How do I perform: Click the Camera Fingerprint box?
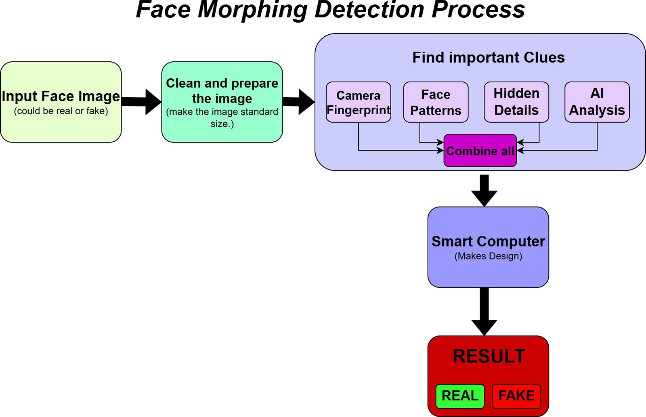[359, 102]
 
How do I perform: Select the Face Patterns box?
[436, 102]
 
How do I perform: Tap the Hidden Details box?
[516, 102]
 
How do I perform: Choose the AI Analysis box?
[597, 102]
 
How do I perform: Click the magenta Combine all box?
[480, 151]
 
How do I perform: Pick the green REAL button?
[460, 396]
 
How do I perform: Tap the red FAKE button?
[516, 396]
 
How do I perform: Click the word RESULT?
[489, 356]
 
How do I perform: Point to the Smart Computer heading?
[488, 241]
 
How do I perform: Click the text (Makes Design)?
[488, 256]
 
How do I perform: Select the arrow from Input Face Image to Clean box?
[141, 102]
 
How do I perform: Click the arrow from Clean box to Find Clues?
[299, 102]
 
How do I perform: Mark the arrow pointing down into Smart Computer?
[484, 191]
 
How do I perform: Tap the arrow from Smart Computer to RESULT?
[484, 312]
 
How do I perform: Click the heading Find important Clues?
[489, 57]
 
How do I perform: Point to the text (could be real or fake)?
[61, 111]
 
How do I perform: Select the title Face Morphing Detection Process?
[330, 10]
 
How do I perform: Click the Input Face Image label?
[61, 96]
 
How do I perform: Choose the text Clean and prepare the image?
[222, 91]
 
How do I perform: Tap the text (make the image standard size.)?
[222, 117]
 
